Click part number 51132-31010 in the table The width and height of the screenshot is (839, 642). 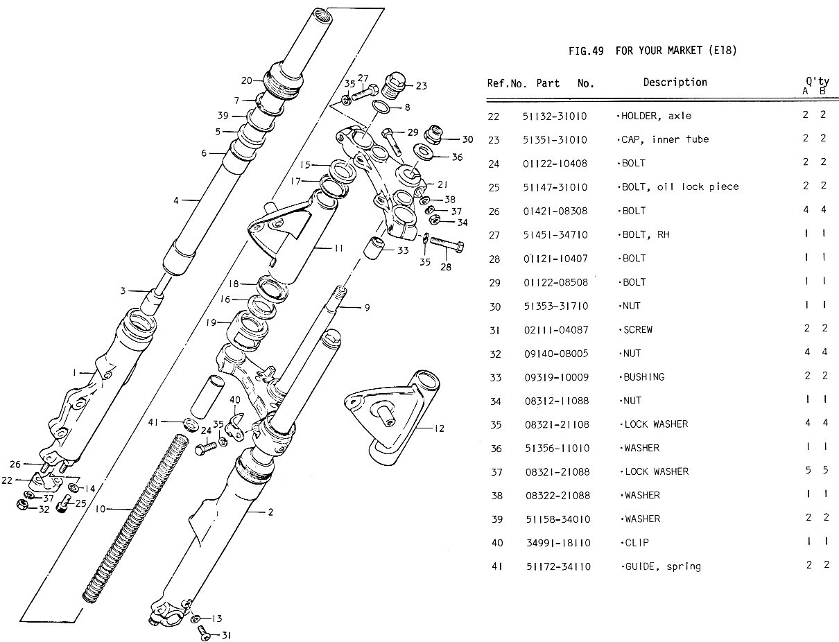[555, 116]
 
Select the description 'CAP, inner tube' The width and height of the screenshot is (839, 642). [665, 139]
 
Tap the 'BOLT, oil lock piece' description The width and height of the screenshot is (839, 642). [680, 186]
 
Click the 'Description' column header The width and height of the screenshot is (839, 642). [675, 83]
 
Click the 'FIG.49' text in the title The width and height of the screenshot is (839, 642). [586, 51]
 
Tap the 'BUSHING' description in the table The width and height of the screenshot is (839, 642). [643, 377]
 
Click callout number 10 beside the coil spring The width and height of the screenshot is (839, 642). [100, 510]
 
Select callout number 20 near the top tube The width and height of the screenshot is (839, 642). [247, 79]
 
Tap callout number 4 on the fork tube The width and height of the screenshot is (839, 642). [176, 201]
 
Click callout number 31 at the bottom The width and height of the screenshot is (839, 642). [225, 634]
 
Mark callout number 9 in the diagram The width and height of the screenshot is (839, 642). [367, 307]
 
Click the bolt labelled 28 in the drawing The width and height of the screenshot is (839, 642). [448, 244]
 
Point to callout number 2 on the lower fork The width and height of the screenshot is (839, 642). [270, 513]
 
